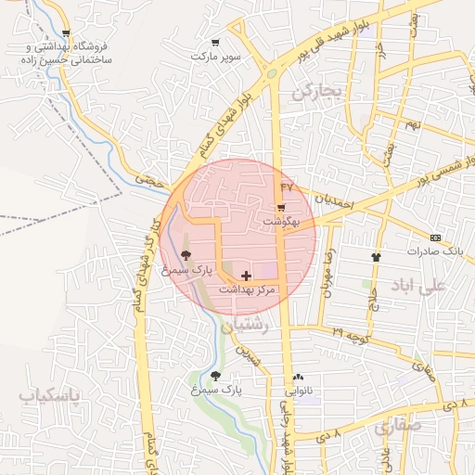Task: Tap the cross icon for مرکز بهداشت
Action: pos(246,275)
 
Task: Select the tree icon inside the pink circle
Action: pos(186,255)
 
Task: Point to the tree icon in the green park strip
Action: pos(216,376)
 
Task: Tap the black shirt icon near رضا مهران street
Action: pos(376,257)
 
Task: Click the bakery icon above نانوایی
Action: pos(298,378)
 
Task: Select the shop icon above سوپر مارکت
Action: pos(216,42)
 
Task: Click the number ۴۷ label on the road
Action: pos(286,186)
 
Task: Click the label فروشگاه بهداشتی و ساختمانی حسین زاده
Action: pos(62,52)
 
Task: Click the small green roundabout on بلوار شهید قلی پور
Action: pos(272,72)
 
